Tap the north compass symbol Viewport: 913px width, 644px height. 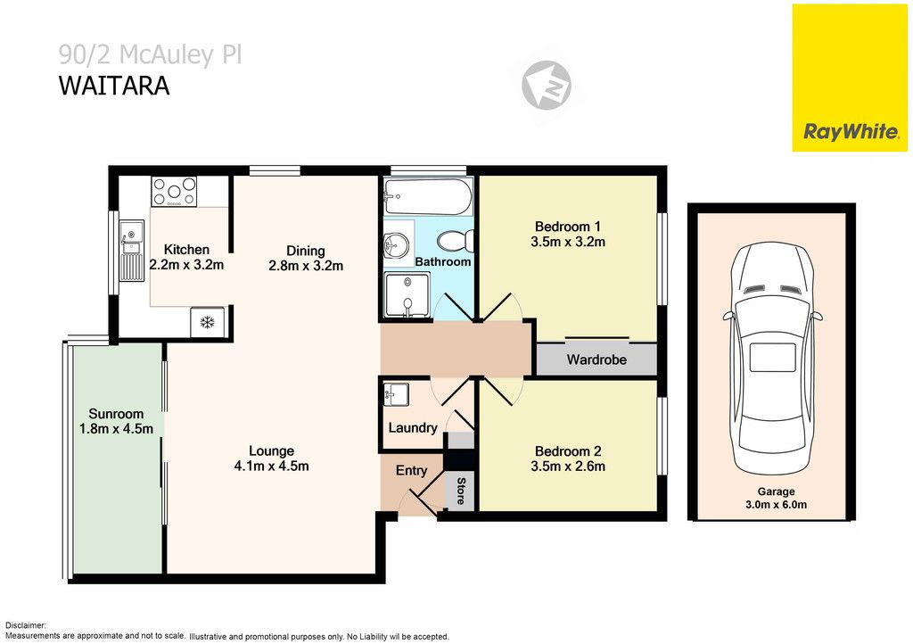546,86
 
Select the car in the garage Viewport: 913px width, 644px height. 771,359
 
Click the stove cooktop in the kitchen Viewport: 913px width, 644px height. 174,192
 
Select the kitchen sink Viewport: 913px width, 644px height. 130,250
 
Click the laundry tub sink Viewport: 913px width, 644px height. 396,393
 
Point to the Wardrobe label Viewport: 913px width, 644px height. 596,360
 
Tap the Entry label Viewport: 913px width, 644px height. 411,470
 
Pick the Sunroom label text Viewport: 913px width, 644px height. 116,414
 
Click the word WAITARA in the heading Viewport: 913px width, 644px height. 113,87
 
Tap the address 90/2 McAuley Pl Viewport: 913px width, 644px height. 150,55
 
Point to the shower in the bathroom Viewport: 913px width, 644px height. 407,295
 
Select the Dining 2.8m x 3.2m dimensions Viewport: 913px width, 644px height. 306,265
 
